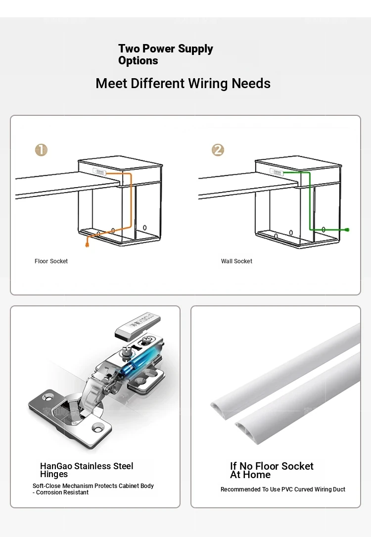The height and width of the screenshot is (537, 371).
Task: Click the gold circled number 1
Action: coord(41,149)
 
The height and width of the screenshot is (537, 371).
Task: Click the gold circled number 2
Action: coord(218,149)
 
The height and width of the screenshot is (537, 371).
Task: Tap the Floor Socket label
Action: coord(51,261)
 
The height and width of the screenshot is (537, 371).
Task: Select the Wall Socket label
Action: coord(236,261)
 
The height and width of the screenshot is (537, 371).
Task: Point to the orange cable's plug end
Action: coord(87,244)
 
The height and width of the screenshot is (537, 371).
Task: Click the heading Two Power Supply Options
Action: coord(166,54)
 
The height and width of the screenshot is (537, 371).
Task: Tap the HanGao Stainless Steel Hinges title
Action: coord(87,470)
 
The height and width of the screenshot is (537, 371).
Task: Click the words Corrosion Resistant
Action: coord(62,492)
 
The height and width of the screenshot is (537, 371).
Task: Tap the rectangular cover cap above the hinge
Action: coord(138,324)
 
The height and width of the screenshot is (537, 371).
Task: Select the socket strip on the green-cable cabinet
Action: coord(277,172)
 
